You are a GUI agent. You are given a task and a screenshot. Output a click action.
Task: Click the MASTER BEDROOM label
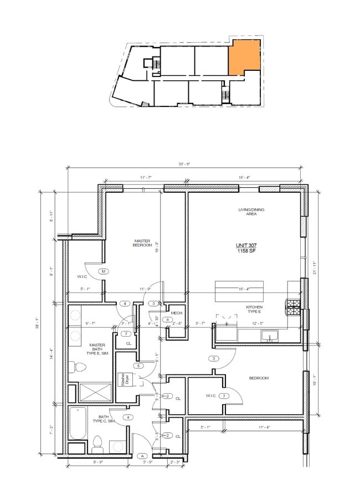pyautogui.click(x=143, y=243)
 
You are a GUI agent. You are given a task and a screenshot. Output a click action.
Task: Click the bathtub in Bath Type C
pyautogui.click(x=78, y=424)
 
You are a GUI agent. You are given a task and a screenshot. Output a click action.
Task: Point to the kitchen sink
pyautogui.click(x=270, y=335)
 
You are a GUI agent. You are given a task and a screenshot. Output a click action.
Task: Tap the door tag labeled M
pyautogui.click(x=104, y=271)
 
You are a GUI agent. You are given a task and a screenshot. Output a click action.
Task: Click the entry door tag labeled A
pyautogui.click(x=142, y=456)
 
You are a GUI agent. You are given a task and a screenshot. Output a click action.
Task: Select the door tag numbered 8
pyautogui.click(x=167, y=320)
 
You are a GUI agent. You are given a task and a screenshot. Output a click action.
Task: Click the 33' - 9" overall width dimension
pyautogui.click(x=183, y=164)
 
